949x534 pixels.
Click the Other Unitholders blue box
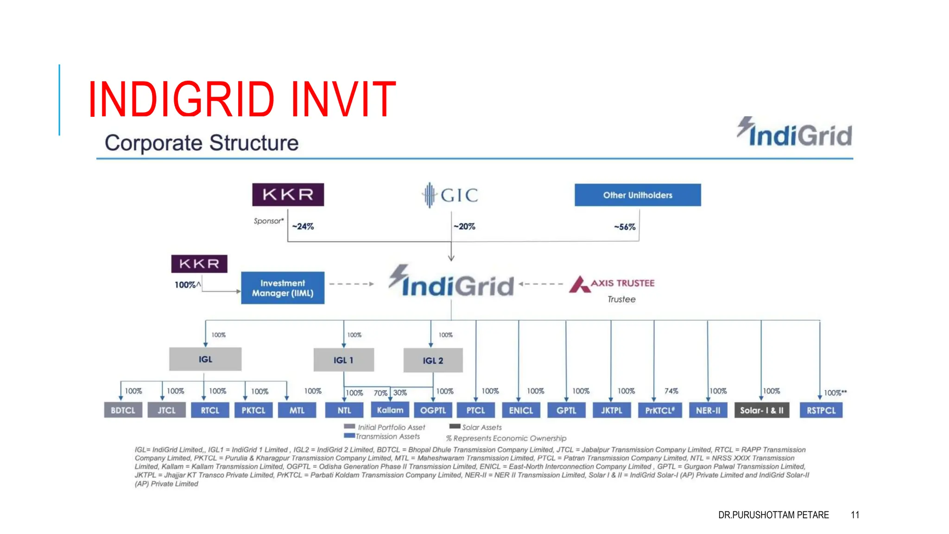638,195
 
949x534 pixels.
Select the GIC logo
450,195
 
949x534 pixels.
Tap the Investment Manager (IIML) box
283,288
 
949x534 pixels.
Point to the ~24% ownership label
303,227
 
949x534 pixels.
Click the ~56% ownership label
625,227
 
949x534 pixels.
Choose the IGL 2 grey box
433,361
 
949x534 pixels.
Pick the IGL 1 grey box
343,360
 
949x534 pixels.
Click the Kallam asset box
390,410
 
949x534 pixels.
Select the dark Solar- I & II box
761,410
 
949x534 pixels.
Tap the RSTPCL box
821,410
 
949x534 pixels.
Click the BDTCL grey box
123,410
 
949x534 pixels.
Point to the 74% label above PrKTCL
671,391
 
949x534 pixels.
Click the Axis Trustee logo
612,284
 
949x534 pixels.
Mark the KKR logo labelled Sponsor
288,195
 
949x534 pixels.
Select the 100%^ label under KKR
187,285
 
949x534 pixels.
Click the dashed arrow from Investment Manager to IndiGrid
351,284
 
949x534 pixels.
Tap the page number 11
855,515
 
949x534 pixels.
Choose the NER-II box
708,410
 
